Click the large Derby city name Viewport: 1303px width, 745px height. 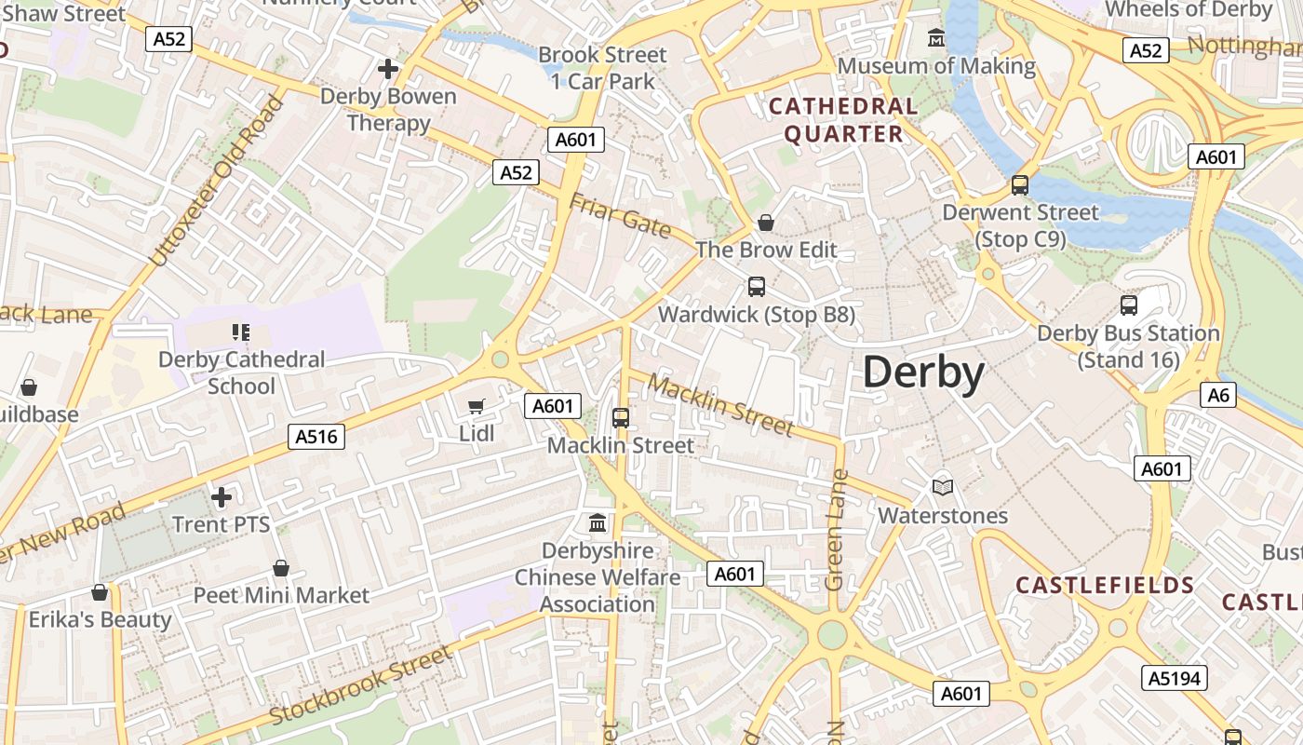[923, 372]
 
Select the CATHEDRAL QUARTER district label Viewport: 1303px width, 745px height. [843, 120]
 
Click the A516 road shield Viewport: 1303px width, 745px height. [317, 436]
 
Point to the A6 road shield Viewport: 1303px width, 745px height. [1218, 395]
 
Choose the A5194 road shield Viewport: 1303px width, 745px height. [1174, 678]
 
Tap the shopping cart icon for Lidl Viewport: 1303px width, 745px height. [477, 406]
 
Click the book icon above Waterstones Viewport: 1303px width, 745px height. [943, 487]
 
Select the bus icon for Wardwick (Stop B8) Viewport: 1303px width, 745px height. [757, 287]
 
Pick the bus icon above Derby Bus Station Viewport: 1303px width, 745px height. [1129, 305]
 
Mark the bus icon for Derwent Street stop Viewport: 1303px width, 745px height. [1020, 185]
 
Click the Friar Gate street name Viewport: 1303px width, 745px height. [620, 216]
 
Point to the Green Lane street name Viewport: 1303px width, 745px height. [836, 530]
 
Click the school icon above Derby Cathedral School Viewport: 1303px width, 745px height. [241, 332]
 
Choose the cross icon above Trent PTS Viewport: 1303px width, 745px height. [221, 497]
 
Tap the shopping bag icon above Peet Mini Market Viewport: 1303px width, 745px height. [281, 568]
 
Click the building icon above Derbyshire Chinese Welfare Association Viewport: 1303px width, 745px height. [598, 522]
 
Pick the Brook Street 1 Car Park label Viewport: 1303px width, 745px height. [603, 68]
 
